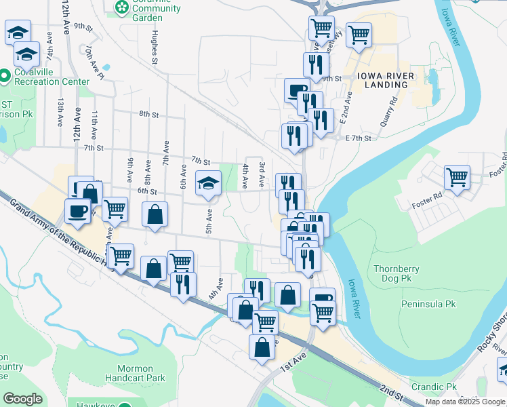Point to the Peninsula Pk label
(x=428, y=304)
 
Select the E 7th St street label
(x=359, y=138)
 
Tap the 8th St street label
(x=148, y=114)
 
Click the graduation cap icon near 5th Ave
(x=209, y=182)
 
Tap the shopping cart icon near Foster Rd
(x=457, y=178)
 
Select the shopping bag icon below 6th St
(x=155, y=214)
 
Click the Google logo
(x=22, y=399)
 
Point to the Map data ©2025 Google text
(x=465, y=402)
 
